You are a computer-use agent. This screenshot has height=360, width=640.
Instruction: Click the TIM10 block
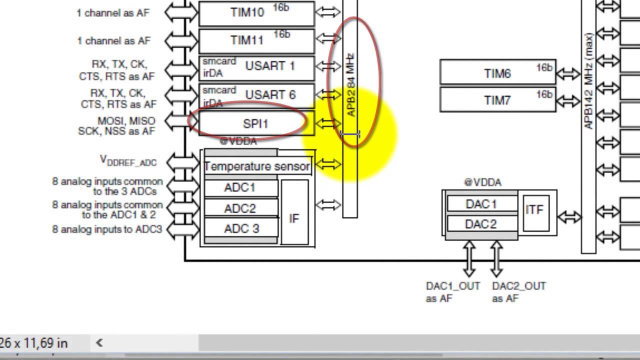pos(256,13)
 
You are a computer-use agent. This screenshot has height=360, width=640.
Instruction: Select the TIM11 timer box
pos(256,40)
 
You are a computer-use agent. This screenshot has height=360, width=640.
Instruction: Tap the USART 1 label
pos(270,66)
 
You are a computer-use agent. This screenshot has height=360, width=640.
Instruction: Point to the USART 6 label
pos(270,94)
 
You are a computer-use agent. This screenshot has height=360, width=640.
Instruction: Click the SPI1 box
pos(256,123)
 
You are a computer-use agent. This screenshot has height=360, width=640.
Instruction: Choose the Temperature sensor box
pos(257,166)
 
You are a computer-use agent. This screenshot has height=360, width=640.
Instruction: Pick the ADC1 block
pos(240,187)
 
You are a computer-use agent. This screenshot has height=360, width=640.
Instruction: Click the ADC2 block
pos(240,208)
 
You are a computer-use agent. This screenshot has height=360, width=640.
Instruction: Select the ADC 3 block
pos(241,229)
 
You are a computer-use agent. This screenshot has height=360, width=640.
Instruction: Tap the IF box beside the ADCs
pos(294,218)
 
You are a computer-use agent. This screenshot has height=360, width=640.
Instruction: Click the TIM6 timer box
pos(497,73)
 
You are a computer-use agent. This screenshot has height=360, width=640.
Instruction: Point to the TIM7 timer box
pos(497,100)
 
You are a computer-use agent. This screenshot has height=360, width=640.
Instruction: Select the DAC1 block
pos(481,204)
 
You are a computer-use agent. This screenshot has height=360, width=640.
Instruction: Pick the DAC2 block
pos(481,224)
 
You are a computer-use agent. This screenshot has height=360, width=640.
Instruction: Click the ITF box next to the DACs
pos(534,210)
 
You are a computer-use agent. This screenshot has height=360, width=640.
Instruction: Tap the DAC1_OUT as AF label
pos(452,292)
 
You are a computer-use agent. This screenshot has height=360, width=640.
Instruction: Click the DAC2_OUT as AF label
pos(518,292)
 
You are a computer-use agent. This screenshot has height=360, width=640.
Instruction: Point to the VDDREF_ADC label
pos(128,160)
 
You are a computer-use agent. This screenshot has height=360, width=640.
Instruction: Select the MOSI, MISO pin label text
pos(126,121)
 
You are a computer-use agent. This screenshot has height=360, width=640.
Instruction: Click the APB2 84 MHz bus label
pos(351,85)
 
